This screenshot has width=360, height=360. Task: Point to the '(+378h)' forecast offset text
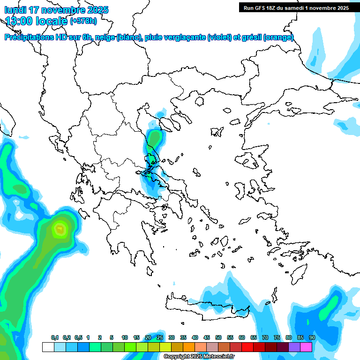83,21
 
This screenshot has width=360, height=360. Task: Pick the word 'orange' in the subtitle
278,37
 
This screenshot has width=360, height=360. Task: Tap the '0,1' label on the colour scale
54,337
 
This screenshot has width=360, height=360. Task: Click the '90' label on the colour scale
312,337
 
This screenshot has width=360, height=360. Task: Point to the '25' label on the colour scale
160,337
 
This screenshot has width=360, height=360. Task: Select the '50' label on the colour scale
218,337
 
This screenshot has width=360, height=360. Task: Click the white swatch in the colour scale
48,347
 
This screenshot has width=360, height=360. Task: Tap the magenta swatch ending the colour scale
306,347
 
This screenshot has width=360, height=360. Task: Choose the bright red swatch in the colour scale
247,347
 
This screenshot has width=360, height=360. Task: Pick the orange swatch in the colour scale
189,347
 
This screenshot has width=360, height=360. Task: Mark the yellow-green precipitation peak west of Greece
60,229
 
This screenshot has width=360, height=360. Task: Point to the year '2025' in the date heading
98,10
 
